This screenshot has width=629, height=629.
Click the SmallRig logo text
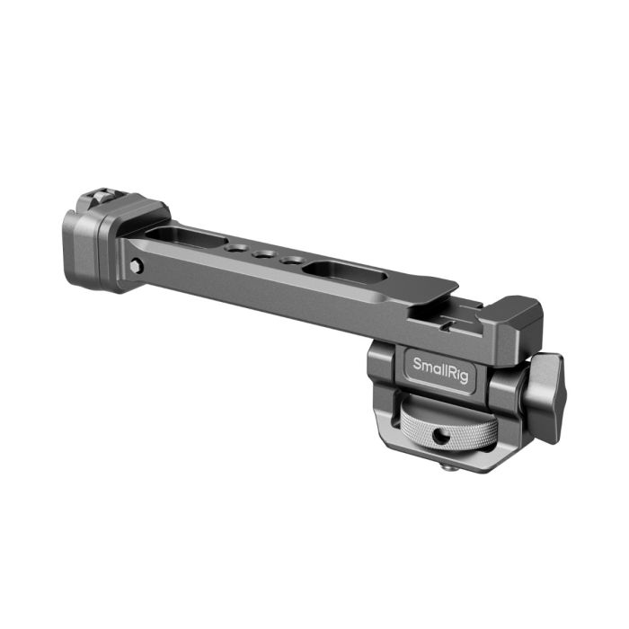tap(439, 367)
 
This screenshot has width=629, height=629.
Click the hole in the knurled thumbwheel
tap(440, 435)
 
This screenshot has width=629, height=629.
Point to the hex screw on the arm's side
tap(135, 265)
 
